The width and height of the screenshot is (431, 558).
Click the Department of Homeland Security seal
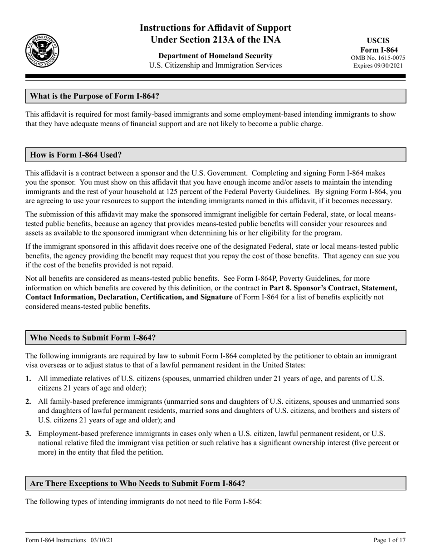42,50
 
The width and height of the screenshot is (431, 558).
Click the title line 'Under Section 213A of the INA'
215,40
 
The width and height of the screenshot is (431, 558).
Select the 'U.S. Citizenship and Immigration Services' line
215,65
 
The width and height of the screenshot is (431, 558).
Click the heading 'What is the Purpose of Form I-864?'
94,96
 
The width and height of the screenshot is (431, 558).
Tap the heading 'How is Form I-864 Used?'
76,155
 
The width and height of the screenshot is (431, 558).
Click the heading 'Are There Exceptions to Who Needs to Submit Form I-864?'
137,483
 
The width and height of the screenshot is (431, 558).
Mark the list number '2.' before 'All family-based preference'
29,401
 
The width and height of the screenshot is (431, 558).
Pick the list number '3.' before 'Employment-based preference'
29,433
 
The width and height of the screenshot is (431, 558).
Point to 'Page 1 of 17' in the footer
389,540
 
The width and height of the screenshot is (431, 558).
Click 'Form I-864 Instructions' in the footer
56,540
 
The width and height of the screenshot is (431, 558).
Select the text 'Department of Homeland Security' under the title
215,56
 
